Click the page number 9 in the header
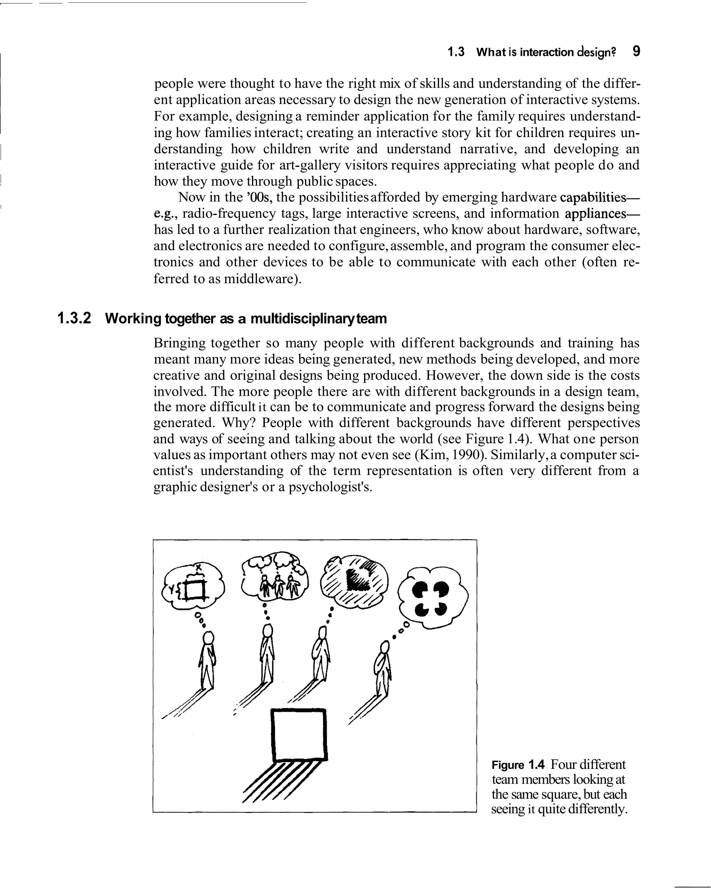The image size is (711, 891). tap(636, 52)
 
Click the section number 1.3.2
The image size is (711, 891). tap(74, 319)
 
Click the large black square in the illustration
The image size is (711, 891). tap(299, 735)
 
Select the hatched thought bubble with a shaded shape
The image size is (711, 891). tap(354, 580)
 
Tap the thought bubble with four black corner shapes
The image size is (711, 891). tap(432, 596)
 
